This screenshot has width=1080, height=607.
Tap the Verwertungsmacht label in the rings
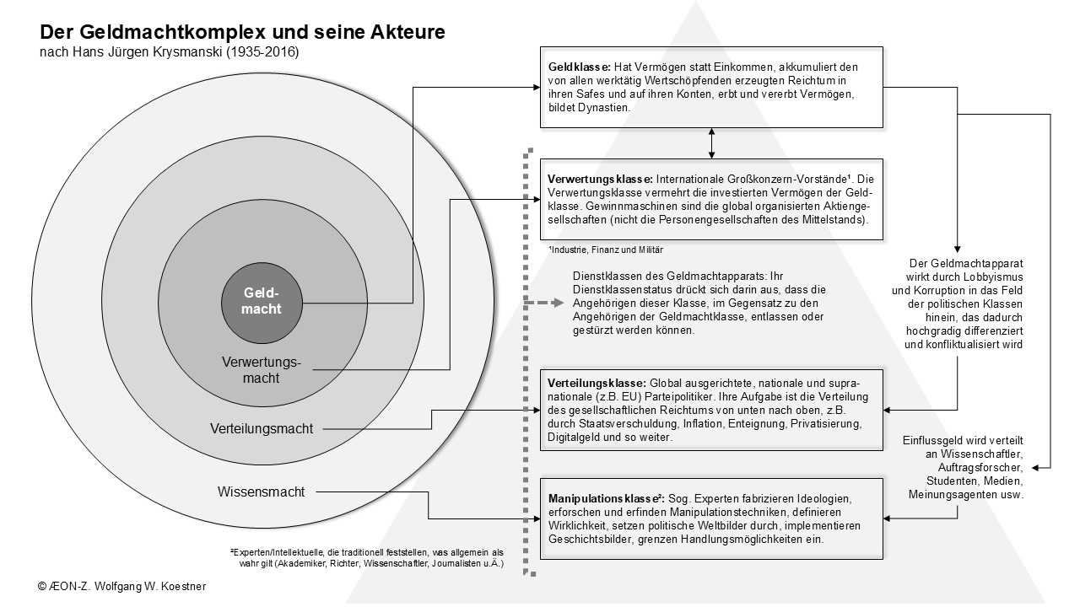point(262,370)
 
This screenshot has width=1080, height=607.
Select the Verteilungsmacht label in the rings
point(262,428)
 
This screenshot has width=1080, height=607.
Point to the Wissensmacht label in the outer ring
point(261,491)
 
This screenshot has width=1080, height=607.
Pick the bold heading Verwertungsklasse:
point(600,179)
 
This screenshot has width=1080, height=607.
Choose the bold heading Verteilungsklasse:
point(597,382)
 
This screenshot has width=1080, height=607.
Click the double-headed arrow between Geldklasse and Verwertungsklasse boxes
point(712,143)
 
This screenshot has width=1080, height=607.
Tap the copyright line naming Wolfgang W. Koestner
point(121,584)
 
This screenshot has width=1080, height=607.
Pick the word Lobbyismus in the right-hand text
point(995,277)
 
